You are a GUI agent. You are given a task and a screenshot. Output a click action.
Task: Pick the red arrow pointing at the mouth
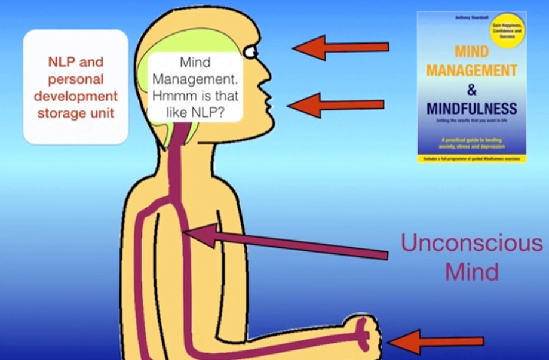tap(336, 105)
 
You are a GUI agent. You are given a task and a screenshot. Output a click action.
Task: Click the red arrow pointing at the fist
tap(436, 341)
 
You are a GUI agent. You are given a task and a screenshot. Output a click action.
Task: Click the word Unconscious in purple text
tap(471, 243)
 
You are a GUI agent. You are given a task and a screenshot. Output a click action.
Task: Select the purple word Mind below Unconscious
tap(472, 272)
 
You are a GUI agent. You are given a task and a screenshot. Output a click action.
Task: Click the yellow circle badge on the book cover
tap(507, 30)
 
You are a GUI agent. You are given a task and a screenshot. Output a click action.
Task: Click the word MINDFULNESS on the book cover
tap(472, 109)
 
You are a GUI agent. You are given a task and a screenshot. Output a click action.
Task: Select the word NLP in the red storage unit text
tap(60, 62)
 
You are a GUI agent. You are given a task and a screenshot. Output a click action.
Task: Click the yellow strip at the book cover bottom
tap(472, 159)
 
